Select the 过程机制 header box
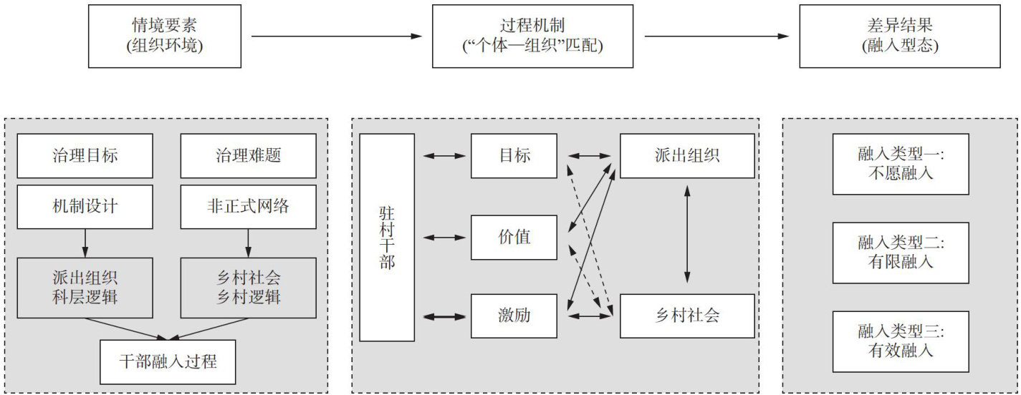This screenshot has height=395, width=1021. [533, 36]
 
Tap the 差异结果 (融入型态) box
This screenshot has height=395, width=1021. [900, 36]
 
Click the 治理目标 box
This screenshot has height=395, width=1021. [85, 156]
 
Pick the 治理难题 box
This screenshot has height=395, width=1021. [248, 156]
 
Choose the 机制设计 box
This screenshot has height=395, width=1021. [85, 207]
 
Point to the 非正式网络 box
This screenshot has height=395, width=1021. [248, 207]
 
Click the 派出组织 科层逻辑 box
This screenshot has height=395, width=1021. [85, 288]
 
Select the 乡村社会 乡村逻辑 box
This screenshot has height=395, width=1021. [248, 288]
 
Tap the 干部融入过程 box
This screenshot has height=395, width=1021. [168, 361]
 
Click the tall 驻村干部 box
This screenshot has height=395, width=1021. [387, 238]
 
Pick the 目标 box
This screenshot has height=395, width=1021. [514, 155]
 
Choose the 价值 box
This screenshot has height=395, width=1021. [514, 237]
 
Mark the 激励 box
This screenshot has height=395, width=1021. [514, 315]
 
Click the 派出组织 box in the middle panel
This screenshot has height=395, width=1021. [686, 155]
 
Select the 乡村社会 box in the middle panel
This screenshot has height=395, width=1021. [686, 315]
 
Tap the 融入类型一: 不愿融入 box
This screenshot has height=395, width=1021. [900, 163]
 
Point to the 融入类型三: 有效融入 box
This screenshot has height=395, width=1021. [900, 341]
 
